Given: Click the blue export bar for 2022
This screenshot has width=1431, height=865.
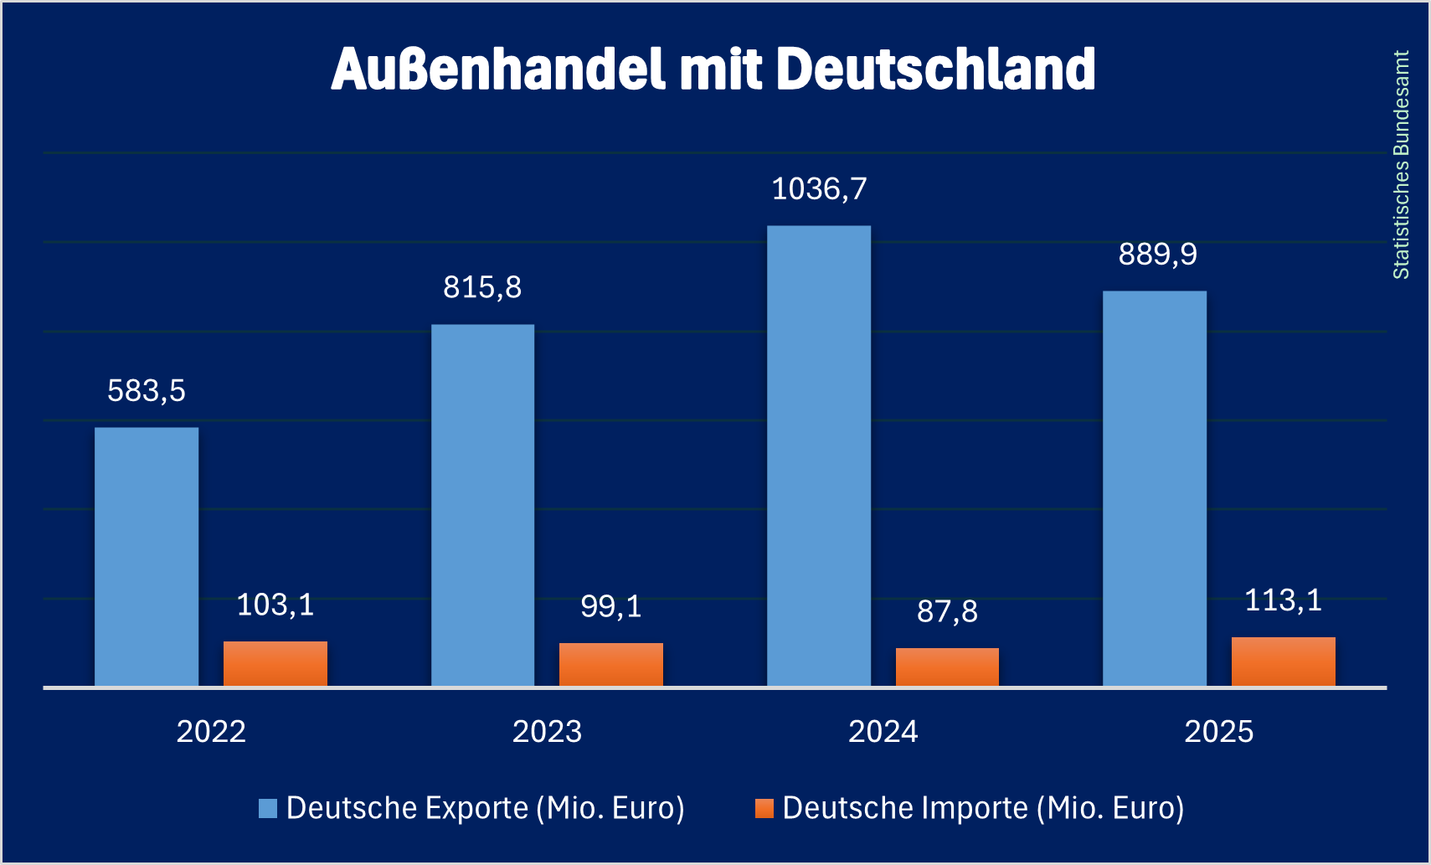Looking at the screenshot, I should point(147,557).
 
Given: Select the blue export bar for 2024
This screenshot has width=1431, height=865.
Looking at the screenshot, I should point(819,456).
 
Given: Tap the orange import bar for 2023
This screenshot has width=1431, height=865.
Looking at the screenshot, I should point(611,665).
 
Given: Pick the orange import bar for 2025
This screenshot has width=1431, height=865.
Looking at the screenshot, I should point(1283,662).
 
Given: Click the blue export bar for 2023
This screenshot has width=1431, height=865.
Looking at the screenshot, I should point(482,506).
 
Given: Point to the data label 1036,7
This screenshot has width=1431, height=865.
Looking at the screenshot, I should point(819,189).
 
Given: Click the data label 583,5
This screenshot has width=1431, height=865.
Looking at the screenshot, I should point(147,391).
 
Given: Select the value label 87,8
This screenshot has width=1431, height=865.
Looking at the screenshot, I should point(947,611).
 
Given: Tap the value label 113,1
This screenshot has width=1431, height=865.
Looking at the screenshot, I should point(1283,600).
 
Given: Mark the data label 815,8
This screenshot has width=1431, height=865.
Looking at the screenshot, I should point(482,288).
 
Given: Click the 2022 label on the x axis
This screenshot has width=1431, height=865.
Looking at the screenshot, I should point(211,732).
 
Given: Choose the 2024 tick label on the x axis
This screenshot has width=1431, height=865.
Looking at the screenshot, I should point(883,732).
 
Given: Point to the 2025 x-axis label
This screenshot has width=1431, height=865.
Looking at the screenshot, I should point(1218,732).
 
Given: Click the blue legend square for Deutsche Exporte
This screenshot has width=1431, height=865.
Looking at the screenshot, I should point(268,808).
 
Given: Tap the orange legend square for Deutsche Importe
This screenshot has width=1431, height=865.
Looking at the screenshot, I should point(764,808).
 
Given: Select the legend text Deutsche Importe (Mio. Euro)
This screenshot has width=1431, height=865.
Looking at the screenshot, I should point(983,808).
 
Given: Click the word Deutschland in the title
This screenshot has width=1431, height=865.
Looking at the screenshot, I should point(935,69).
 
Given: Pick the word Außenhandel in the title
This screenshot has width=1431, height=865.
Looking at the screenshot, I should point(498,69).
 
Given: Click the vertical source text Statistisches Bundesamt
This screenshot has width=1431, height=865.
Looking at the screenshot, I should point(1401,165).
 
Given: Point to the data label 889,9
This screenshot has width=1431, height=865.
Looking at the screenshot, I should point(1157,255).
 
